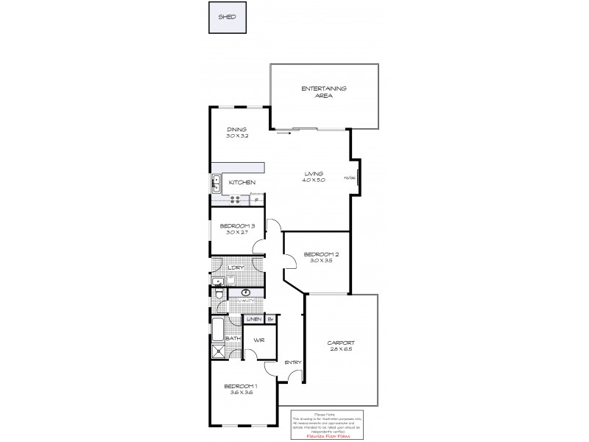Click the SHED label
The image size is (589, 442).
227,17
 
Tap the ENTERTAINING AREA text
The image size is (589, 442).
324,92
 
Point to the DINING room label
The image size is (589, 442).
236,129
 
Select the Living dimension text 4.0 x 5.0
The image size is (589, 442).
314,180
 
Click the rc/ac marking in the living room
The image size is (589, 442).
350,178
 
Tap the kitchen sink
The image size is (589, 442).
217,181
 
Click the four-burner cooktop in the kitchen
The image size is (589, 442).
237,199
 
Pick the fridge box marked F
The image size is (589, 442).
256,199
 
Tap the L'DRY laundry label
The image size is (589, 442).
236,267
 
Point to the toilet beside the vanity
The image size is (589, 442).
219,295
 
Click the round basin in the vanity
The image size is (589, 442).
245,292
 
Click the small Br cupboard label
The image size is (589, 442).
270,319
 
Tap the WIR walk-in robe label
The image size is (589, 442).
259,340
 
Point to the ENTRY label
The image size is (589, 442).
292,362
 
